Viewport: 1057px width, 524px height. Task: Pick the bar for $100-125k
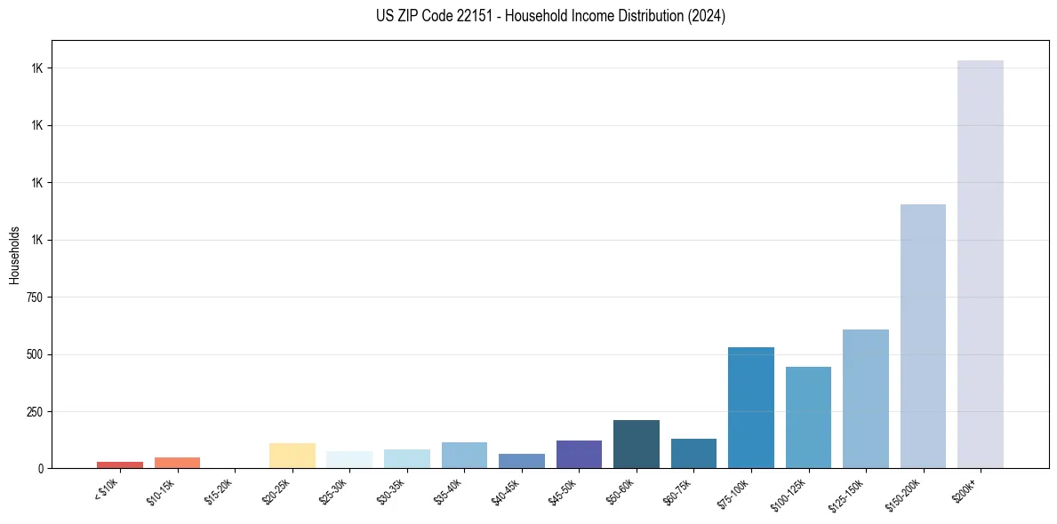point(808,417)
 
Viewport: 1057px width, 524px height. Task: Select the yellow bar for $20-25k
point(292,455)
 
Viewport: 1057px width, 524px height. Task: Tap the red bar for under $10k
point(120,464)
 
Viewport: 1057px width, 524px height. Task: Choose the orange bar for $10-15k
point(177,462)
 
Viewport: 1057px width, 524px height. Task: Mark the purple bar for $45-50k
point(579,454)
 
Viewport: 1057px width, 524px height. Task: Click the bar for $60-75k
point(693,453)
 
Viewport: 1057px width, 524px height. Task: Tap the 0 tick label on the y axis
point(40,468)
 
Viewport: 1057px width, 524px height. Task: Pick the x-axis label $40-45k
point(506,489)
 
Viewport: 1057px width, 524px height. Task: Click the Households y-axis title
point(14,255)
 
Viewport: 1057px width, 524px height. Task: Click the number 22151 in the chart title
point(468,16)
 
